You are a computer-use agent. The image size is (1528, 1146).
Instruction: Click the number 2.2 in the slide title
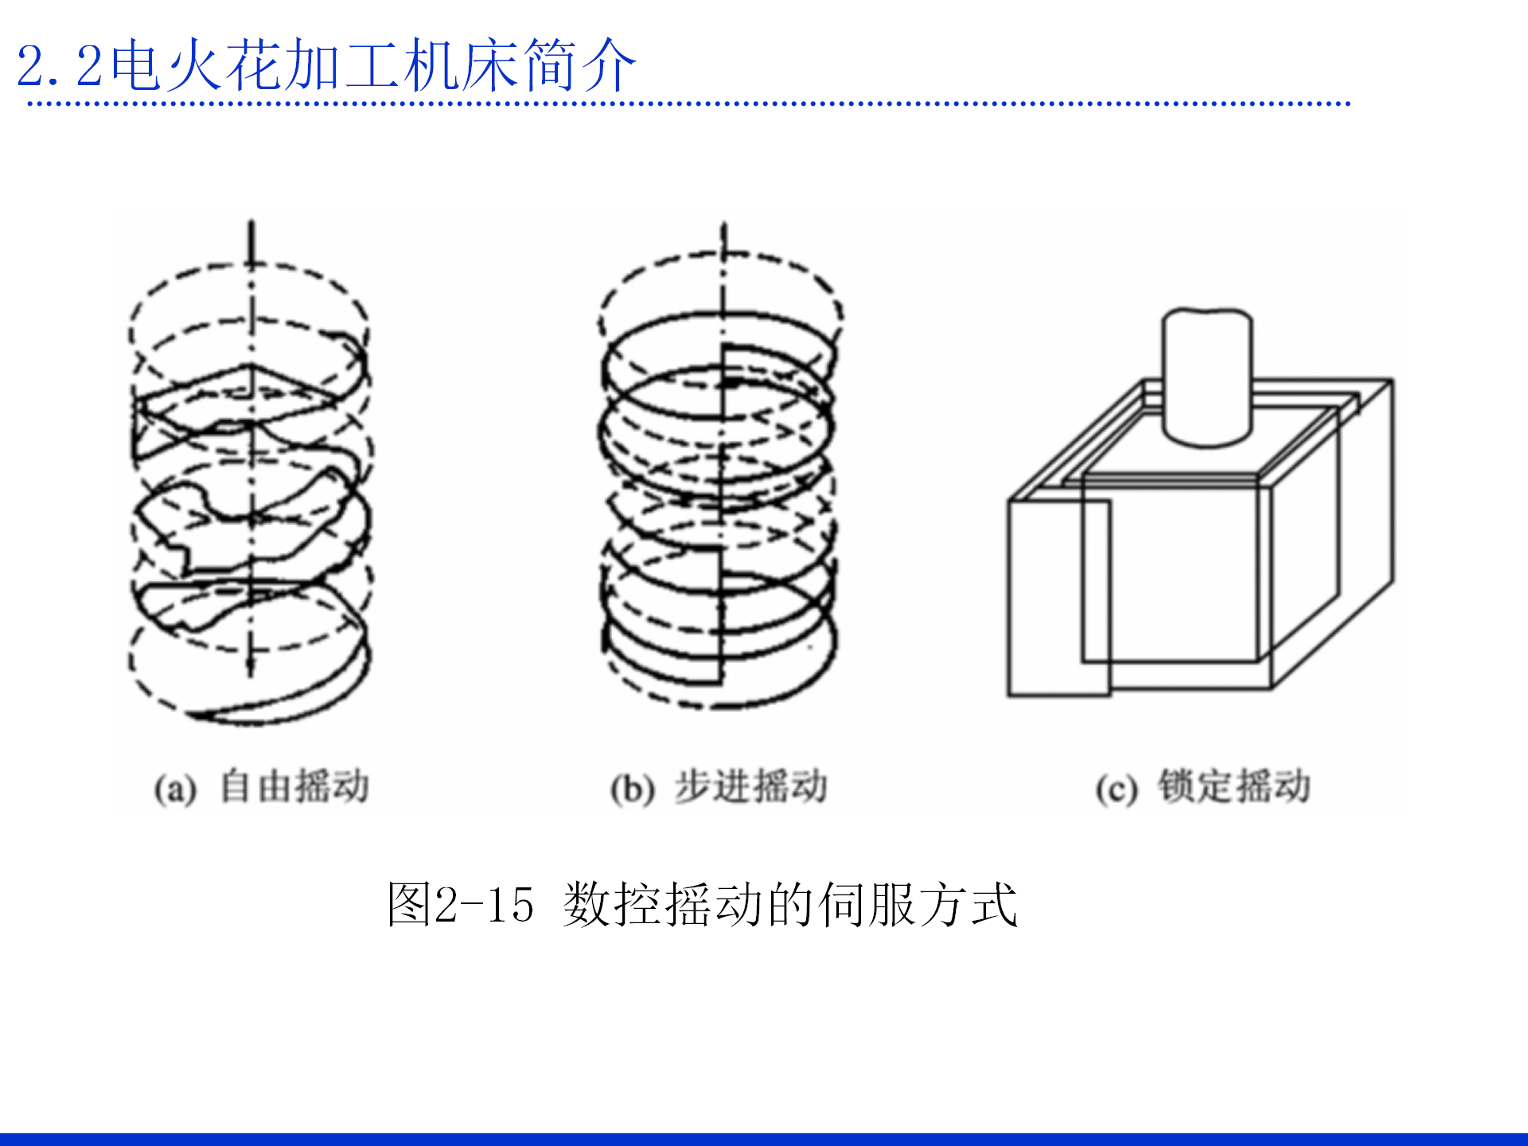click(60, 66)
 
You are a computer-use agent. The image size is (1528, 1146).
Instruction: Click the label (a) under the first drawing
click(175, 789)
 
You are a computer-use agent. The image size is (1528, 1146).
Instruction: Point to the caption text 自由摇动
click(294, 786)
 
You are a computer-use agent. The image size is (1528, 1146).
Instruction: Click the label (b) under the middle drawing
click(633, 789)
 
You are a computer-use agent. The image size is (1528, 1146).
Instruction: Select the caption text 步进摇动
click(751, 786)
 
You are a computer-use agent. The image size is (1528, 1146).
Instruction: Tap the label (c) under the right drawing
click(1116, 789)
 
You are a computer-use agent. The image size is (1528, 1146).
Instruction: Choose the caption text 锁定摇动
click(1234, 786)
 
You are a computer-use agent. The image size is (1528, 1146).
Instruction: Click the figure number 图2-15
click(460, 905)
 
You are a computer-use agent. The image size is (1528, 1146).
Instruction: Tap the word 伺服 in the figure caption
click(867, 905)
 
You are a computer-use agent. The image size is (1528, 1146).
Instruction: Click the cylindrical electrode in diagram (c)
click(1207, 374)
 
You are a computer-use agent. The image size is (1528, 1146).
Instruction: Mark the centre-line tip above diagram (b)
click(724, 228)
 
